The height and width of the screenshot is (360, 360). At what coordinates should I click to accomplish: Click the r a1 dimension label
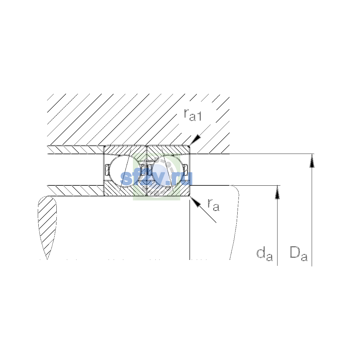point(193,115)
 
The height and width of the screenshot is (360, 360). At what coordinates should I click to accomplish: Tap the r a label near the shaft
point(214,205)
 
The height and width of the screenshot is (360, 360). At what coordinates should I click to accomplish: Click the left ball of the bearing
point(124,171)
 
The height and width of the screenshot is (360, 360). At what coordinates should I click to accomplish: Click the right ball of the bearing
point(168,171)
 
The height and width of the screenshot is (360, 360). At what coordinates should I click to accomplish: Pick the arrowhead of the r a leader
point(195,202)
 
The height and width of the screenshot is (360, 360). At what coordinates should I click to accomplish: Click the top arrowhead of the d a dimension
point(277,192)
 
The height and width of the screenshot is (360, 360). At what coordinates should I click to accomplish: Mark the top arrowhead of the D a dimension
point(312,161)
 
